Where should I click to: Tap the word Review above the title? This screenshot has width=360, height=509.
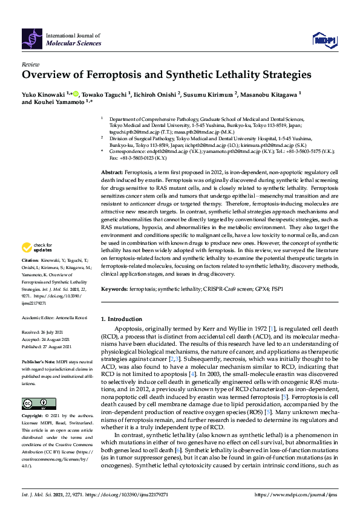[x=30, y=64]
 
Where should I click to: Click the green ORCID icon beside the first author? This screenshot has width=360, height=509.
[x=76, y=94]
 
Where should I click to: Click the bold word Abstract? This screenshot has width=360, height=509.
[x=113, y=173]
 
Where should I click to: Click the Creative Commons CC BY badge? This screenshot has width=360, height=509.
[x=30, y=403]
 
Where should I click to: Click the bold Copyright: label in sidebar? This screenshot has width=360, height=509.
[x=33, y=417]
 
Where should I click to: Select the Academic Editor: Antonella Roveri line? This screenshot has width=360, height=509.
[x=53, y=317]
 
